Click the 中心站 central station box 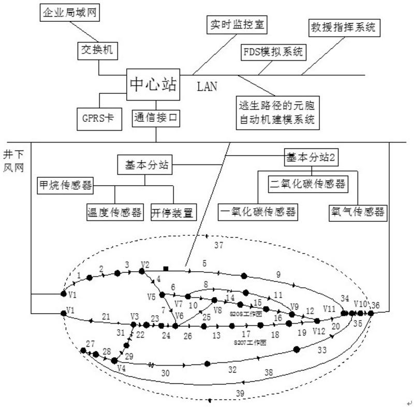coord(154,84)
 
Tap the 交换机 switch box coord(96,50)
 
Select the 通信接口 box coord(156,118)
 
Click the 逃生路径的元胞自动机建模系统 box coord(276,113)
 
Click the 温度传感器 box coord(114,212)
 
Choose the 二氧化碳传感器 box coord(307,184)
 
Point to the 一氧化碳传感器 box coord(258,212)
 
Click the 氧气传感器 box coord(358,212)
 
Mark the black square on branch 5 coord(166,268)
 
